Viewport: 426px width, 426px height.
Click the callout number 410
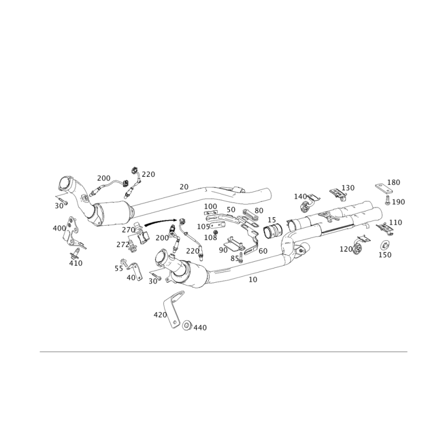pos(76,263)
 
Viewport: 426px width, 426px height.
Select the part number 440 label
pos(200,327)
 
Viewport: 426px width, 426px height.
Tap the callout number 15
pos(272,220)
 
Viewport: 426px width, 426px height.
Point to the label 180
pos(394,182)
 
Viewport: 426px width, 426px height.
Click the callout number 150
pos(385,255)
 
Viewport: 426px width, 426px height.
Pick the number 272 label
pos(123,245)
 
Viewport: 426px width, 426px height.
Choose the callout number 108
pos(210,237)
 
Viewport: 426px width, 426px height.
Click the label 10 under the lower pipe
pos(252,280)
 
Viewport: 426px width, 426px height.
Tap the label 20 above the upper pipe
pos(184,187)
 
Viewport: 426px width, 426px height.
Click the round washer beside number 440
pos(187,325)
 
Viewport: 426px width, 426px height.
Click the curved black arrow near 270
pos(161,222)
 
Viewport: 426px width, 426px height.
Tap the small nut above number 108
pos(216,233)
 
